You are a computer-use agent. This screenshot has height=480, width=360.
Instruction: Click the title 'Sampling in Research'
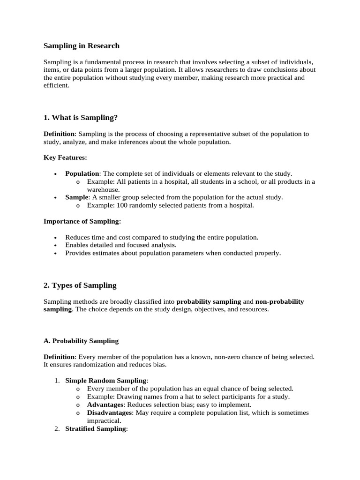click(82, 46)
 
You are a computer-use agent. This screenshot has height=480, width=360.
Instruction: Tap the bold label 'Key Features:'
click(65, 157)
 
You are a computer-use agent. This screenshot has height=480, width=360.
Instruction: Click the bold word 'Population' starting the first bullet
click(82, 173)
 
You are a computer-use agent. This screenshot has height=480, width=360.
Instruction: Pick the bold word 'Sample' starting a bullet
click(76, 197)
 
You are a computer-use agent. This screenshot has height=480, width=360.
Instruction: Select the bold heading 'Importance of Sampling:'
click(82, 221)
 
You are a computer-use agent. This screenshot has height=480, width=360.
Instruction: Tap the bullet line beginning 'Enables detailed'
click(120, 245)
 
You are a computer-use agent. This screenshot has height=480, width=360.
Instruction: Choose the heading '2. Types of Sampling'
click(80, 285)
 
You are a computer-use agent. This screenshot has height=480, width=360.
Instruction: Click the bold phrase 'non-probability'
click(279, 302)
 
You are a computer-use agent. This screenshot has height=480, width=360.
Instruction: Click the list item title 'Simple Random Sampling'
click(106, 381)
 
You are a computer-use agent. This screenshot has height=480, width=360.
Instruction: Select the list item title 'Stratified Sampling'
click(96, 428)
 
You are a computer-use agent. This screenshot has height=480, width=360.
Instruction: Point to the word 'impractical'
click(104, 420)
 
